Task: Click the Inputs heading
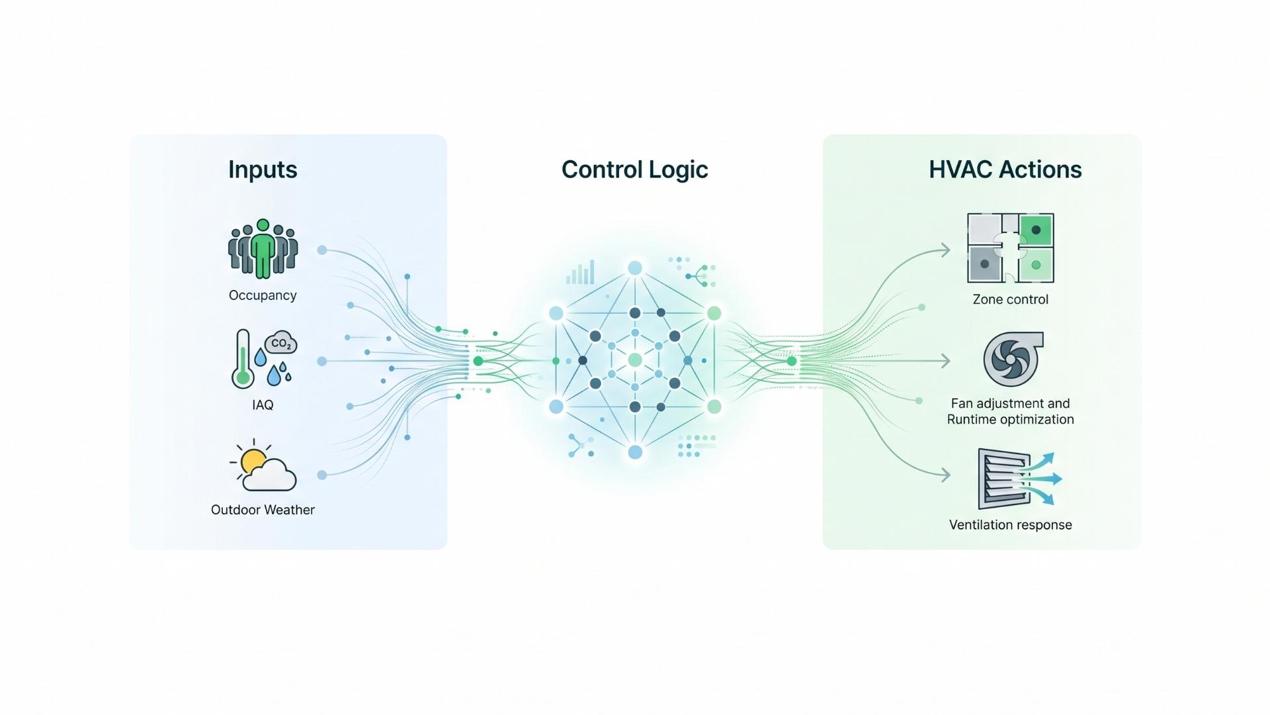click(x=263, y=169)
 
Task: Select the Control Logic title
click(x=634, y=169)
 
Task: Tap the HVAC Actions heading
click(x=1005, y=169)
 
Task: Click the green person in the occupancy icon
click(x=263, y=249)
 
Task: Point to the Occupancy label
click(x=263, y=295)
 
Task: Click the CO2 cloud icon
click(x=281, y=343)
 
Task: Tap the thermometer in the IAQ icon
click(x=243, y=359)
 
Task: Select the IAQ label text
click(x=263, y=405)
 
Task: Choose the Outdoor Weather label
click(x=263, y=510)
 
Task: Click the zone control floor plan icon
click(x=1010, y=248)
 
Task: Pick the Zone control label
click(x=1010, y=299)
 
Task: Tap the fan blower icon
click(x=1011, y=359)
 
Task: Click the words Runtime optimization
click(x=1010, y=420)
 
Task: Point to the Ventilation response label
click(x=1010, y=525)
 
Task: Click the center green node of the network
click(x=635, y=360)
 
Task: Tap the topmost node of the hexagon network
click(x=635, y=268)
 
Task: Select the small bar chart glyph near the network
click(x=581, y=273)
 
